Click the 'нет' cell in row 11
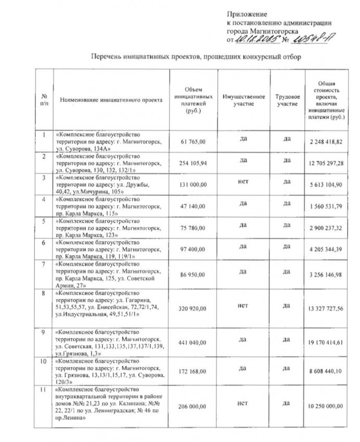[240, 402]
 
